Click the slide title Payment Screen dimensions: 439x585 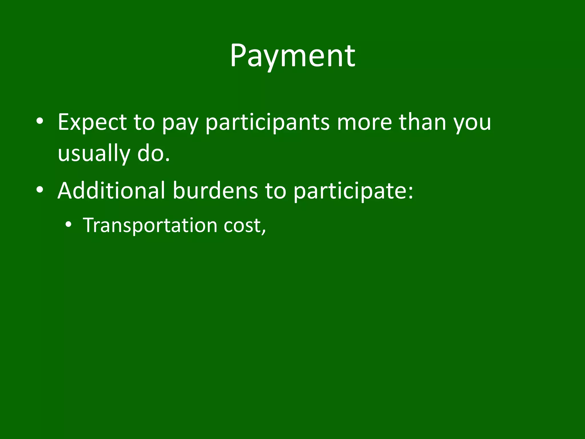[292, 56]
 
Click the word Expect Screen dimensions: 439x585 [92, 122]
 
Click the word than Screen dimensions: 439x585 [422, 122]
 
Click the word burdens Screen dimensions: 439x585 [215, 190]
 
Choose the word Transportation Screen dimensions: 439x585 [150, 226]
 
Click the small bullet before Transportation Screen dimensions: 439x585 [68, 225]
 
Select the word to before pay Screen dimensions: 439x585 [144, 122]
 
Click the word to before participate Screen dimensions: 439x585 [275, 191]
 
